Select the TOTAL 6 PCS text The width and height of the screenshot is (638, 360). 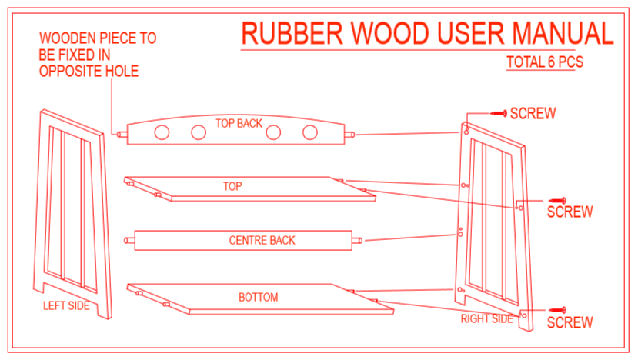[544, 63]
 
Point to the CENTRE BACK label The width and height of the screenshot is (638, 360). [262, 241]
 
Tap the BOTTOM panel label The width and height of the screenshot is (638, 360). [259, 297]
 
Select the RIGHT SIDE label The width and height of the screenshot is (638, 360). [486, 318]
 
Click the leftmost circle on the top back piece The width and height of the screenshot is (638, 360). [162, 132]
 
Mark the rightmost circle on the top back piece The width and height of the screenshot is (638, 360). [309, 132]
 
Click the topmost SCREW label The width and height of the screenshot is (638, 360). [533, 114]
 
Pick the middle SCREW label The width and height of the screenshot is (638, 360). [570, 212]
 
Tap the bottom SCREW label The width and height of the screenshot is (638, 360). [570, 322]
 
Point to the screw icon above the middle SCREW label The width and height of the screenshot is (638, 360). [556, 199]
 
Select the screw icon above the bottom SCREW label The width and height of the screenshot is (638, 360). [556, 310]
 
